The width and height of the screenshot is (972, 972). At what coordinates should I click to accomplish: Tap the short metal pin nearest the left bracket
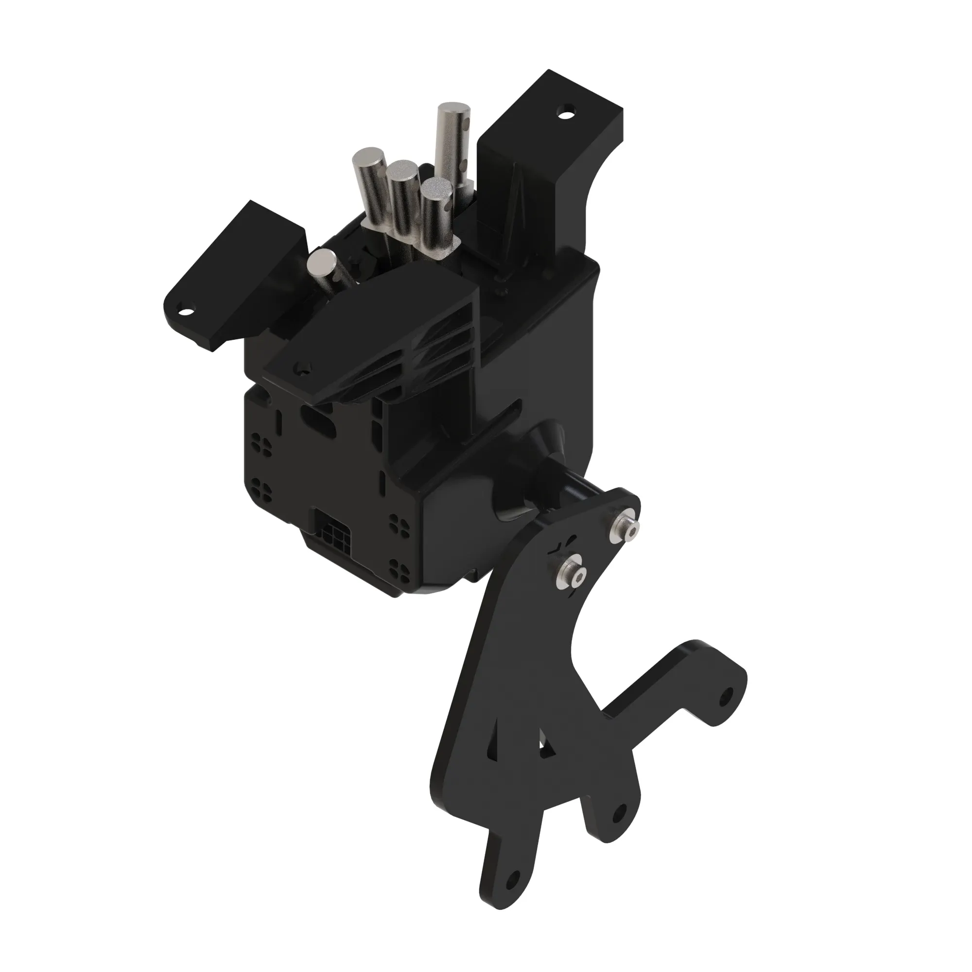click(x=324, y=262)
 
